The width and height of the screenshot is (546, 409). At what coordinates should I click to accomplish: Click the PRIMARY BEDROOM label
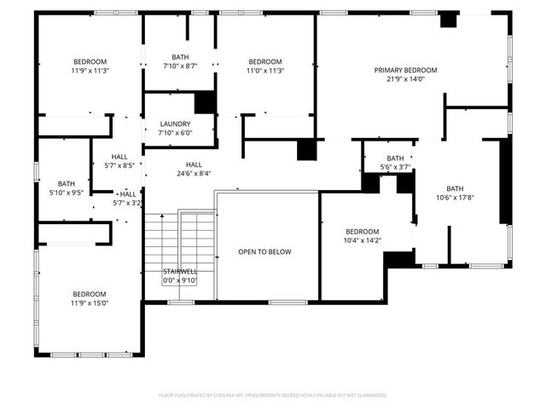coord(405,70)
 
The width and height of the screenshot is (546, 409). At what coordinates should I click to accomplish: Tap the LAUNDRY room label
coord(175,124)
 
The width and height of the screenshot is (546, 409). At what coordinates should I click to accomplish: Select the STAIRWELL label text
coord(180,272)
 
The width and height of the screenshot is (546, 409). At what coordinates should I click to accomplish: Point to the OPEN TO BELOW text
coord(264,251)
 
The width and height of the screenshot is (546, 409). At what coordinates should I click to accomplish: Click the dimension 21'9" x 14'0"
coord(405,79)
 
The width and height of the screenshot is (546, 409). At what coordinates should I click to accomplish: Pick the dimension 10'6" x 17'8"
coord(455,198)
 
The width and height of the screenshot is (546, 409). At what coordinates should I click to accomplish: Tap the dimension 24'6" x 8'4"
coord(194,173)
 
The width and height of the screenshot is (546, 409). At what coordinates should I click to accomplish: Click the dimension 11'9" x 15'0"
coord(90,302)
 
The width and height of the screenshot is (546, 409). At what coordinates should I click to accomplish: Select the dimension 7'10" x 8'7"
coord(180,66)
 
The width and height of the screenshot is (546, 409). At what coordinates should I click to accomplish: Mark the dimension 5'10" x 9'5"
coord(66,193)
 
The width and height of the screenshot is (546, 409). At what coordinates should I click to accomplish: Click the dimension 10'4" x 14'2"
coord(363,241)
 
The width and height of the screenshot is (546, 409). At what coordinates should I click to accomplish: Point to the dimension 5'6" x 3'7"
coord(395,167)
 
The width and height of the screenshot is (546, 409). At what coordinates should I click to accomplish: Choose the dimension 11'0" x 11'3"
coord(264,71)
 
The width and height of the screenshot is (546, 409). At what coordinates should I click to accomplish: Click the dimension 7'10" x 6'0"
coord(175,133)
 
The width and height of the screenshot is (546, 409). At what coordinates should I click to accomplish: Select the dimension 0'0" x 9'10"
coord(180,280)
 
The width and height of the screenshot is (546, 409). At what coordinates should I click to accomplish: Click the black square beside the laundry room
coord(205,102)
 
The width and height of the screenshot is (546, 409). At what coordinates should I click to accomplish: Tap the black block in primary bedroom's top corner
coord(448,20)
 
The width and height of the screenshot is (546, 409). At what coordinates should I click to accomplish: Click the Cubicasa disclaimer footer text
coord(273,395)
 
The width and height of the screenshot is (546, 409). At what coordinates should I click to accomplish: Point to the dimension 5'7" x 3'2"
coord(127,204)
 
